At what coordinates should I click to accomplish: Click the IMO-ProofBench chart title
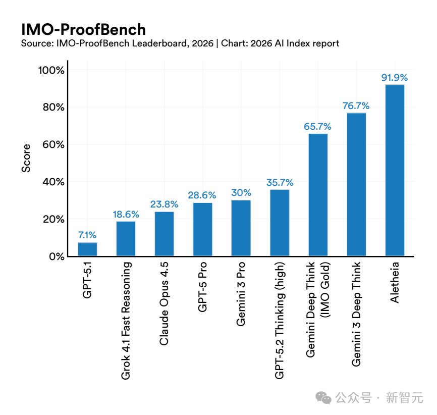(83, 29)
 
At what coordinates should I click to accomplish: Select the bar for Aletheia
(395, 171)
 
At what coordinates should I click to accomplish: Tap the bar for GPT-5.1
(87, 249)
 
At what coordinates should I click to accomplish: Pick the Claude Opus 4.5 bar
(164, 234)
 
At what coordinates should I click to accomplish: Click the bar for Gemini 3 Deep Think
(356, 185)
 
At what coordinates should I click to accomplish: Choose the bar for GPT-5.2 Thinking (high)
(280, 223)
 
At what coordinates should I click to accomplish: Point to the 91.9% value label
(395, 78)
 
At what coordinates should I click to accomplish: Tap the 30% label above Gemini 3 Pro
(241, 193)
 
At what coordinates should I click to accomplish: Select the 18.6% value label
(126, 214)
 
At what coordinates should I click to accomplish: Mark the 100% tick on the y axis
(51, 70)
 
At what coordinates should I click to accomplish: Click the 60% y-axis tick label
(53, 144)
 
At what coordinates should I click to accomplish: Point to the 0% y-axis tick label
(57, 256)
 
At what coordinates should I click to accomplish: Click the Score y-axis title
(26, 158)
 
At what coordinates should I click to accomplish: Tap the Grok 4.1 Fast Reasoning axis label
(126, 321)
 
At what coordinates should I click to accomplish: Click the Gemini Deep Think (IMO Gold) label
(317, 309)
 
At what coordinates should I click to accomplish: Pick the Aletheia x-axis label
(395, 282)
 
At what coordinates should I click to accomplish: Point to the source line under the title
(180, 43)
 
